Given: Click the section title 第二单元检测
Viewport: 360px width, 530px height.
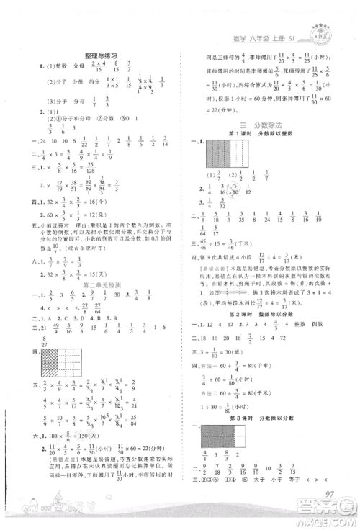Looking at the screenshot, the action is (99, 286).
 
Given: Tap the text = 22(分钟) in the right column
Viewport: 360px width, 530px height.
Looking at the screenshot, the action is (205, 107).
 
